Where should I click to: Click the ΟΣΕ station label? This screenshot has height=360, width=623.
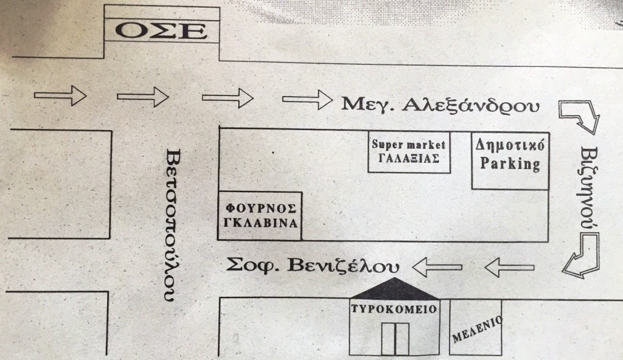click(x=161, y=31)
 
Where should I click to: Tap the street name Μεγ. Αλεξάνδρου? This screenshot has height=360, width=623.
click(x=440, y=105)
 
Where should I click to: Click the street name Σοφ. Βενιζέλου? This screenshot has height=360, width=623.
click(x=313, y=266)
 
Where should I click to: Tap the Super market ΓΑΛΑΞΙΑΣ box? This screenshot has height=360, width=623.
click(x=409, y=151)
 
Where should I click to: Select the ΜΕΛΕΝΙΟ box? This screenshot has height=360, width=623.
click(x=476, y=328)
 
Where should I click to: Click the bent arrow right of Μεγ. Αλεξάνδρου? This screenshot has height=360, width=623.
click(x=579, y=117)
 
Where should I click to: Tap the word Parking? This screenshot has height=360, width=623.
click(x=510, y=164)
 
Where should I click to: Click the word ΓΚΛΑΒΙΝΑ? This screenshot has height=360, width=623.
click(x=260, y=223)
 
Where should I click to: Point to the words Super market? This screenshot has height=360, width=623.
click(x=409, y=145)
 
